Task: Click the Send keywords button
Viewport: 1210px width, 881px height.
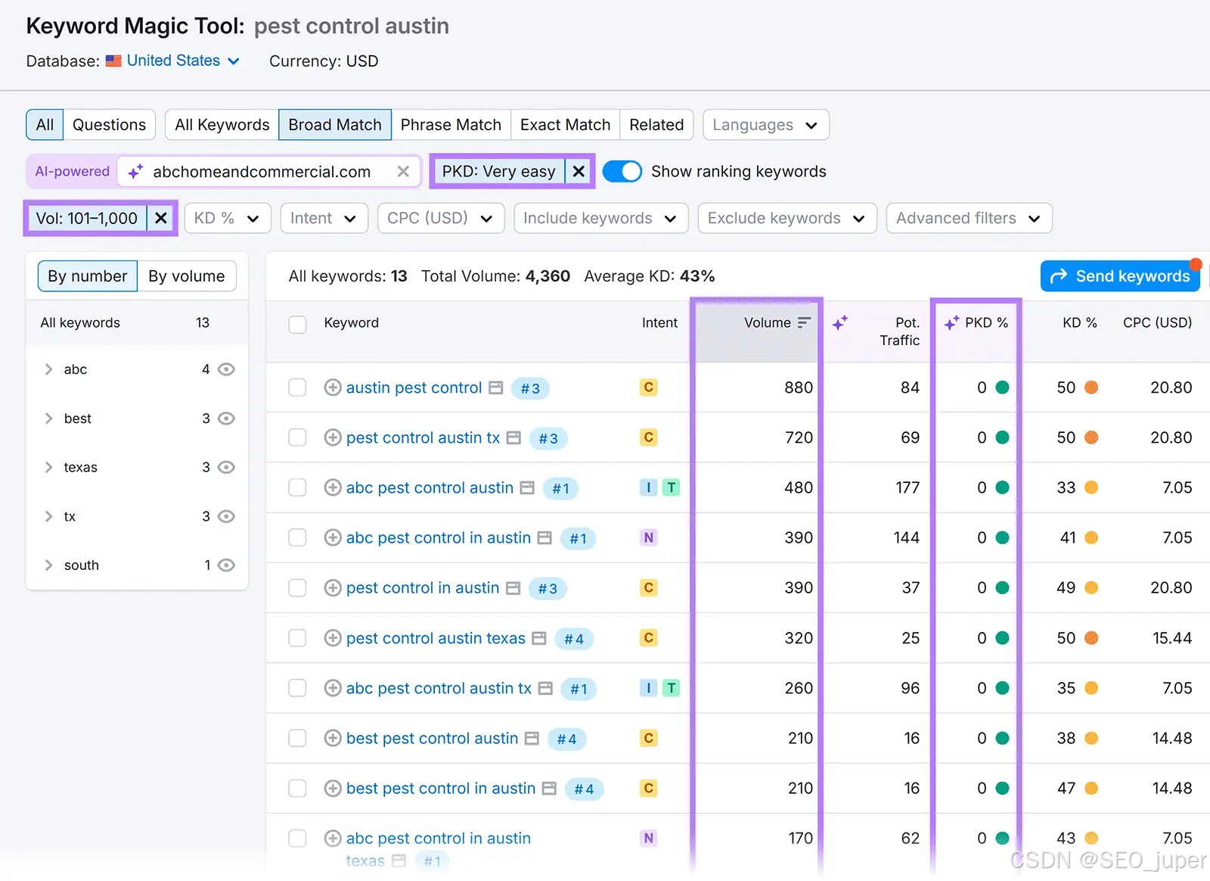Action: click(1120, 276)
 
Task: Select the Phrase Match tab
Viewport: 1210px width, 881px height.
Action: click(451, 125)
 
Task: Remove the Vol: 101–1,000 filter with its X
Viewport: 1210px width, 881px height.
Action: click(161, 218)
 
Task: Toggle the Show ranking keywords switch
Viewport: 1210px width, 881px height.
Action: click(622, 171)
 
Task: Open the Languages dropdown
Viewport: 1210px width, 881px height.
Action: click(765, 125)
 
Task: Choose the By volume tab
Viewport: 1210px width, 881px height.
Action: click(186, 276)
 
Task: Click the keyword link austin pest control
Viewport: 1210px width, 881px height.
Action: click(414, 388)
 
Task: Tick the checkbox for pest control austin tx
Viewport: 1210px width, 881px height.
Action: click(297, 437)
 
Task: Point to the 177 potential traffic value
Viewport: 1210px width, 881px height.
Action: click(907, 487)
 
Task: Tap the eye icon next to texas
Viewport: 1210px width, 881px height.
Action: click(226, 467)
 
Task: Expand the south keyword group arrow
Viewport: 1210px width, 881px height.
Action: click(48, 565)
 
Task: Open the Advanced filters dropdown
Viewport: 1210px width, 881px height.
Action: click(969, 218)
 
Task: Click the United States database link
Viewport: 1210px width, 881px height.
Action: click(173, 61)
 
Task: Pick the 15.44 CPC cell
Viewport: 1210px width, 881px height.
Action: click(1171, 638)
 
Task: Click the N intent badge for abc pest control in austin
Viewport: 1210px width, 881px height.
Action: click(648, 538)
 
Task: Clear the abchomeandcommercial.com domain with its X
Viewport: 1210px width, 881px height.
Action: click(403, 171)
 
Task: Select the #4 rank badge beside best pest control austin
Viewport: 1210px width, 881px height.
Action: click(566, 739)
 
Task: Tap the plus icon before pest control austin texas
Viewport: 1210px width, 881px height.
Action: click(333, 638)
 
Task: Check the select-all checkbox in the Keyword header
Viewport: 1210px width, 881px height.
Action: click(297, 324)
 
